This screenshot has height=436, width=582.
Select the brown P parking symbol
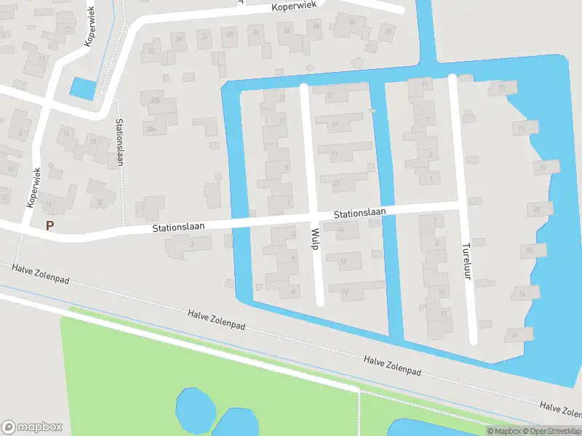point(49,225)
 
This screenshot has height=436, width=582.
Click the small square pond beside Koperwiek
point(81,89)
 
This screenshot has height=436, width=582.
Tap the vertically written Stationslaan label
point(119,142)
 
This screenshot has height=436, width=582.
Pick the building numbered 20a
point(151,129)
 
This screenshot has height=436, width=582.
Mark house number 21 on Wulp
point(337,183)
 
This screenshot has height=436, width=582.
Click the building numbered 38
point(388,31)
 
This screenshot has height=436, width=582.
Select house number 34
point(316,26)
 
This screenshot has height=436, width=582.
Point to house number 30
point(255,32)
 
